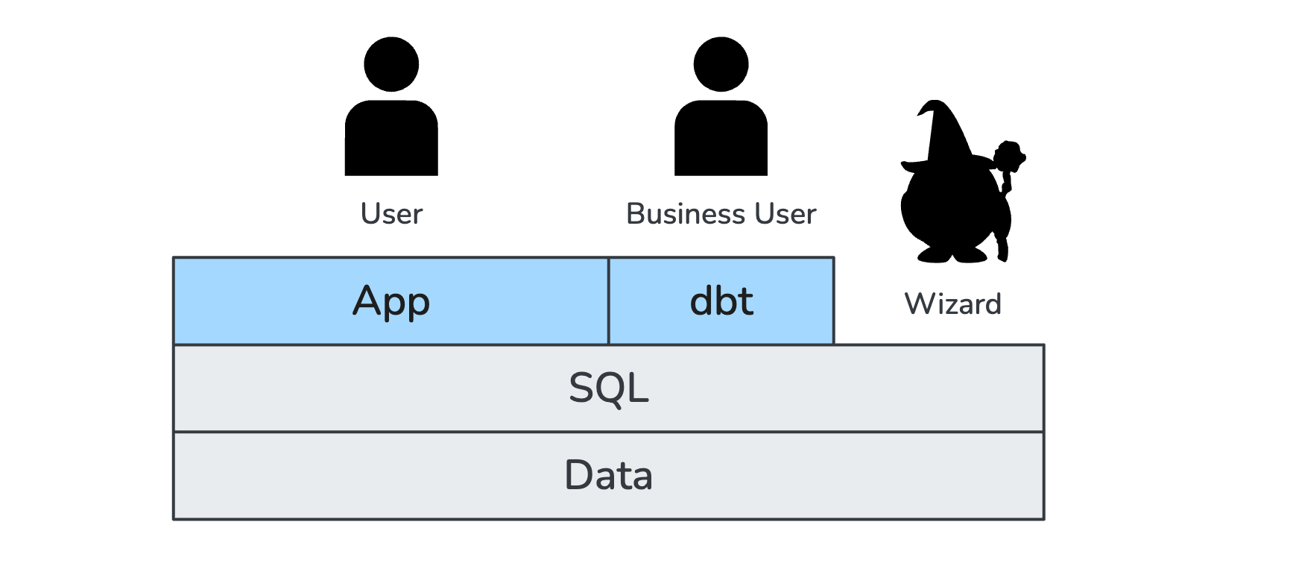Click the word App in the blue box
pos(391,301)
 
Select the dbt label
pos(721,301)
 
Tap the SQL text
pos(609,388)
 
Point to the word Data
pos(609,475)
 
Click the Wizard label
pos(952,304)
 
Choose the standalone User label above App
pos(391,214)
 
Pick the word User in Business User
pos(785,214)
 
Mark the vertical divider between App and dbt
pos(609,301)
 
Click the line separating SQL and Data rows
pos(609,432)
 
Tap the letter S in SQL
pos(581,389)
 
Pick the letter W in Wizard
pos(918,304)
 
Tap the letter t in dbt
pos(744,301)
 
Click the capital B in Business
pos(636,214)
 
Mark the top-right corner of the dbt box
pos(833,258)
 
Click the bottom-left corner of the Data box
pos(174,519)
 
